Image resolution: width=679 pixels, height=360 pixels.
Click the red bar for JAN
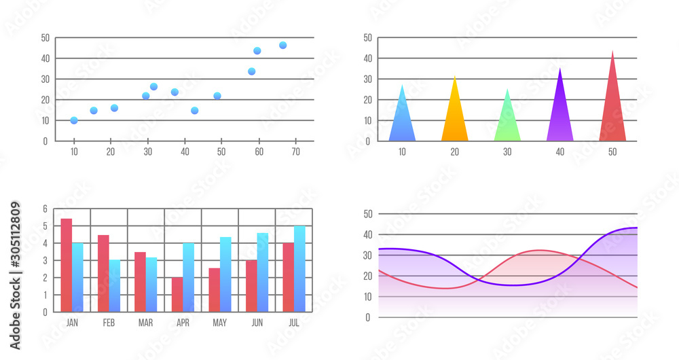[67, 265]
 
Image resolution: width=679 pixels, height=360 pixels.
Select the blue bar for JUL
[299, 269]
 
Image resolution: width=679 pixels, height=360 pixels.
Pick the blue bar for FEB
[115, 285]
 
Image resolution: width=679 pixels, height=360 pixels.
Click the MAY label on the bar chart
[219, 323]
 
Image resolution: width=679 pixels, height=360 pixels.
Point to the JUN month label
[257, 323]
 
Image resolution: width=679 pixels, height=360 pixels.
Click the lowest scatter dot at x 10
[74, 120]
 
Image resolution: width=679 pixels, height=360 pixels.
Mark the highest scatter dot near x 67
[282, 46]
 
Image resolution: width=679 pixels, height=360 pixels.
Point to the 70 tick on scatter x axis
[295, 152]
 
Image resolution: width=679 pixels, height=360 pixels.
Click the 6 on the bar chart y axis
[45, 209]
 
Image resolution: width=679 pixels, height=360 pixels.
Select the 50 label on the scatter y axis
[45, 38]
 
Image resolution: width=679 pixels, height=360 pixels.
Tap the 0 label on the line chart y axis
[368, 317]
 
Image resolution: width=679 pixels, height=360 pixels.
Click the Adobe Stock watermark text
[15, 275]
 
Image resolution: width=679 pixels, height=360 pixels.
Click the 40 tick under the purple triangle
[559, 152]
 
